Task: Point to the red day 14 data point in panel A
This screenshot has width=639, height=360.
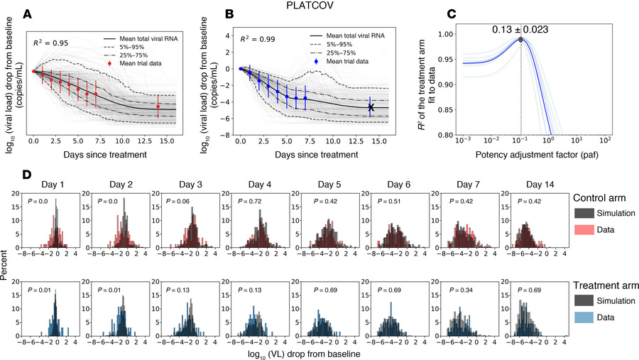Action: (x=158, y=107)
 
